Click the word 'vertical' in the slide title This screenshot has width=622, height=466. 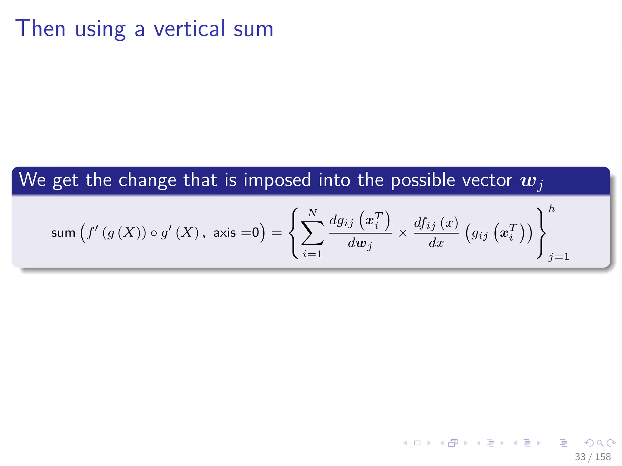pyautogui.click(x=190, y=29)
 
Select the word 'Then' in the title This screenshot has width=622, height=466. pyautogui.click(x=40, y=29)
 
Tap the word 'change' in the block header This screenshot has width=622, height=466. pyautogui.click(x=147, y=180)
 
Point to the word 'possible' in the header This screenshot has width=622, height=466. pyautogui.click(x=423, y=180)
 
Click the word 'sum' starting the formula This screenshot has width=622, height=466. pyautogui.click(x=63, y=233)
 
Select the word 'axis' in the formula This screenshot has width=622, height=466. pyautogui.click(x=224, y=233)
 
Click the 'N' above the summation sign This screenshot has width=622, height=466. pyautogui.click(x=312, y=213)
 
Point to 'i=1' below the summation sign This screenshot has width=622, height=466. pyautogui.click(x=312, y=254)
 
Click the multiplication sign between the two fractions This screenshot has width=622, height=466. pyautogui.click(x=403, y=233)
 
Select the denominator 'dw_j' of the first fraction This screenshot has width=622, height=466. pyautogui.click(x=360, y=244)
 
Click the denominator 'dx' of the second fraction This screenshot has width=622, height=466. pyautogui.click(x=436, y=243)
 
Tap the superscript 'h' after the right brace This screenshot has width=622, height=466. pyautogui.click(x=552, y=209)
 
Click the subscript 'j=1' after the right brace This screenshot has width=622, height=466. pyautogui.click(x=558, y=257)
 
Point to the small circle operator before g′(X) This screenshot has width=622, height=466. pyautogui.click(x=154, y=233)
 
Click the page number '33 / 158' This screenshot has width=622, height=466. pyautogui.click(x=593, y=457)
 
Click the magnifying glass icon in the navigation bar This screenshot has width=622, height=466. pyautogui.click(x=600, y=443)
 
